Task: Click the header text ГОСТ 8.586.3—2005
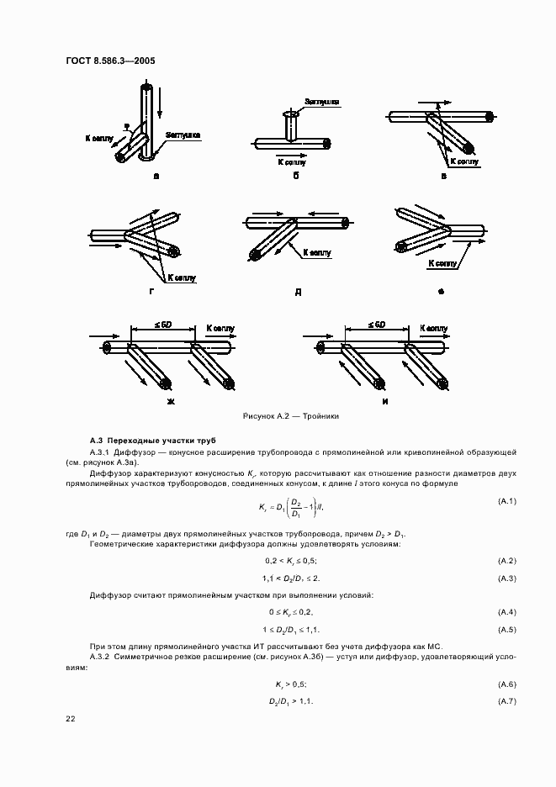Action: tap(110, 60)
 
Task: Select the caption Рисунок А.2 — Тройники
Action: tap(290, 416)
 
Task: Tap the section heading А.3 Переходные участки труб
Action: tap(140, 441)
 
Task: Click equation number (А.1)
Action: tap(506, 502)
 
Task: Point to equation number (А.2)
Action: tap(506, 560)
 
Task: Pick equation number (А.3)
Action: tap(506, 578)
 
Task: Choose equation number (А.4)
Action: tap(506, 611)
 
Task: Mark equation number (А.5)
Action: tap(506, 629)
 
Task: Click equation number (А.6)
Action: tap(506, 684)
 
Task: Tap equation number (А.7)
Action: tap(506, 701)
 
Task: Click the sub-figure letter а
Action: tap(156, 177)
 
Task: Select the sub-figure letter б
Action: tap(296, 177)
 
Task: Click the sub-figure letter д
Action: tap(298, 291)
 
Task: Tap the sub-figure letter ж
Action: tap(170, 401)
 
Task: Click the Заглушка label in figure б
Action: tap(323, 102)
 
